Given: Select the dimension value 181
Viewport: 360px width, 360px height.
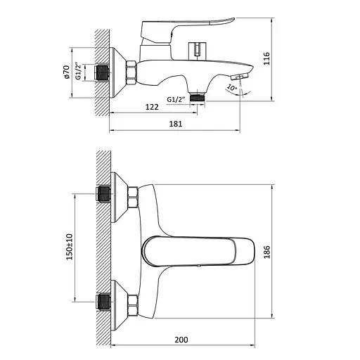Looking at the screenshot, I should coord(176,124).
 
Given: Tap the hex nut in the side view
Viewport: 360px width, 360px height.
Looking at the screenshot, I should coord(131,72).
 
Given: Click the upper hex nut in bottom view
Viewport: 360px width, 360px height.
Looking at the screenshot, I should coord(131,198).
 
